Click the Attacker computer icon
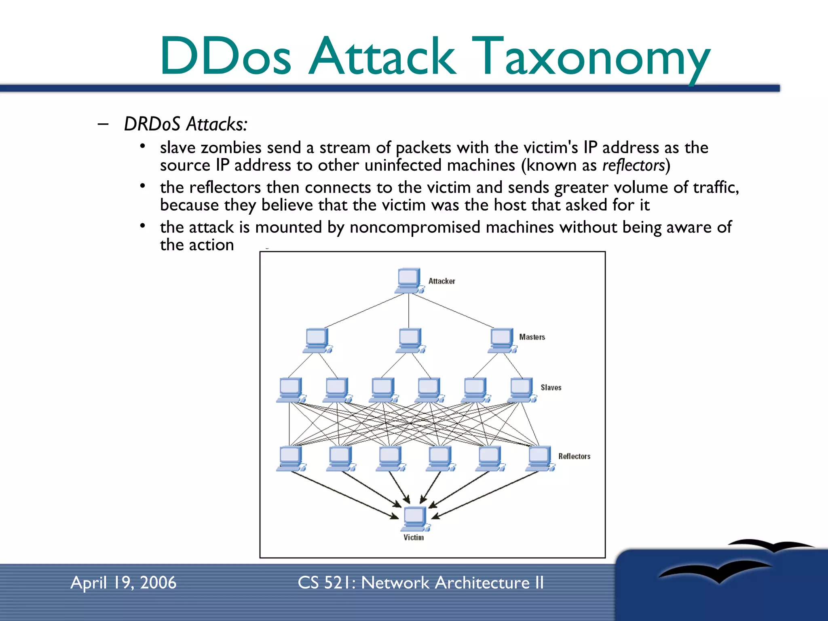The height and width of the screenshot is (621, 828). (x=409, y=280)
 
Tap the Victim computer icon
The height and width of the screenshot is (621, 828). (x=415, y=518)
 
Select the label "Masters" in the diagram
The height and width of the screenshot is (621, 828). (x=532, y=337)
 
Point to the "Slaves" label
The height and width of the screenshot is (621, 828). (x=551, y=387)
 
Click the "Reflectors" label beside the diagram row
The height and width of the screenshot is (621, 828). (x=574, y=456)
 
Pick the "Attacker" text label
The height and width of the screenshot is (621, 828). (x=441, y=281)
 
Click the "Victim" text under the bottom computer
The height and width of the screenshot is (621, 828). (x=414, y=537)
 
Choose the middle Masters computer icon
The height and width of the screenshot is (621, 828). (x=410, y=340)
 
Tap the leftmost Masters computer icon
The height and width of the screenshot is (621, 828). (x=317, y=340)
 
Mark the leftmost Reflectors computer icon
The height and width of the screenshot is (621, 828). (x=291, y=458)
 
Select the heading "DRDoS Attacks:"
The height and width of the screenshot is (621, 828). (x=186, y=124)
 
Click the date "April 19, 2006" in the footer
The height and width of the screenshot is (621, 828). (x=123, y=583)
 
